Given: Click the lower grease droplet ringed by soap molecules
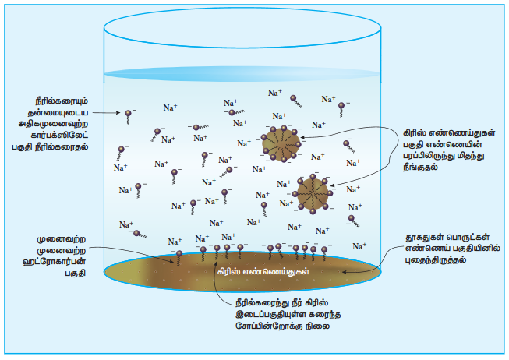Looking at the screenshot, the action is click(x=313, y=194).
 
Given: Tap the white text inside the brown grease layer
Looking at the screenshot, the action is click(x=263, y=271).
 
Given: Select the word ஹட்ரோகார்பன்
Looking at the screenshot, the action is click(x=55, y=262).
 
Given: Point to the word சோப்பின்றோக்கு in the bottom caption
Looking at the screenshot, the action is click(x=268, y=326).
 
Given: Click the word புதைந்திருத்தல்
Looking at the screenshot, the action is click(x=435, y=259).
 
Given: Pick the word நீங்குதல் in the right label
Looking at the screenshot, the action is click(x=420, y=168).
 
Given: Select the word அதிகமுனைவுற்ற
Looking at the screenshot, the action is click(x=53, y=124).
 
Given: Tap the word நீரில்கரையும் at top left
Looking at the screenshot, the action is click(x=62, y=101).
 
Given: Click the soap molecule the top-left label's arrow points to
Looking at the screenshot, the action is click(x=128, y=117).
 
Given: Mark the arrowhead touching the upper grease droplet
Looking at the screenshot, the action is click(x=303, y=138).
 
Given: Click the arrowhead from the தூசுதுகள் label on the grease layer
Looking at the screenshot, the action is click(x=345, y=272).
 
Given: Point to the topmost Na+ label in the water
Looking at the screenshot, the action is click(x=275, y=93).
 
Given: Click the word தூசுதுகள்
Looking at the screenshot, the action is click(x=423, y=238).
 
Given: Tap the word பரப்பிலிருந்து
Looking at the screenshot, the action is click(x=427, y=156).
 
